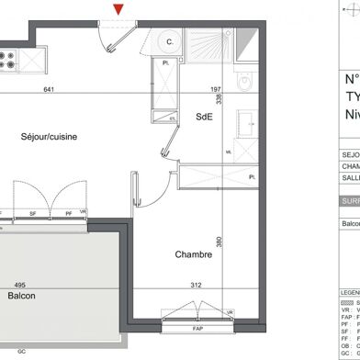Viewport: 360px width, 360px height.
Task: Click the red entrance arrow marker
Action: (x=118, y=9)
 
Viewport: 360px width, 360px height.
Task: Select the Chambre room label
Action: (x=194, y=255)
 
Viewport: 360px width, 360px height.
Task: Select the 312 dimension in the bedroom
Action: (x=195, y=285)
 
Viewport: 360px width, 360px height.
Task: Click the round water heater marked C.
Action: (x=168, y=41)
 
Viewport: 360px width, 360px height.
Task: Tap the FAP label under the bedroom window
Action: (x=197, y=329)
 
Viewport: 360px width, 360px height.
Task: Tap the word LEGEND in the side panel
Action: (x=349, y=292)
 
